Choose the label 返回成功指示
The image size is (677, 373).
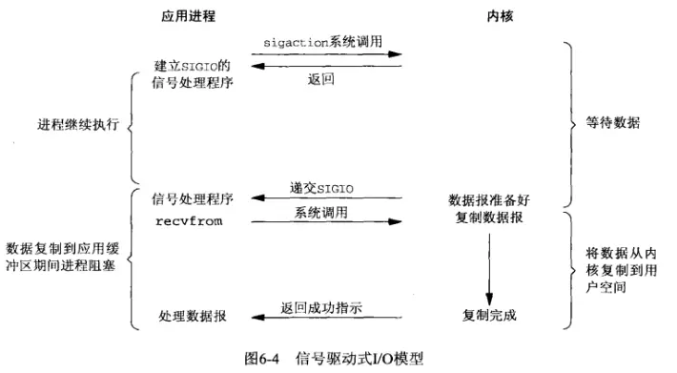tap(322, 306)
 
